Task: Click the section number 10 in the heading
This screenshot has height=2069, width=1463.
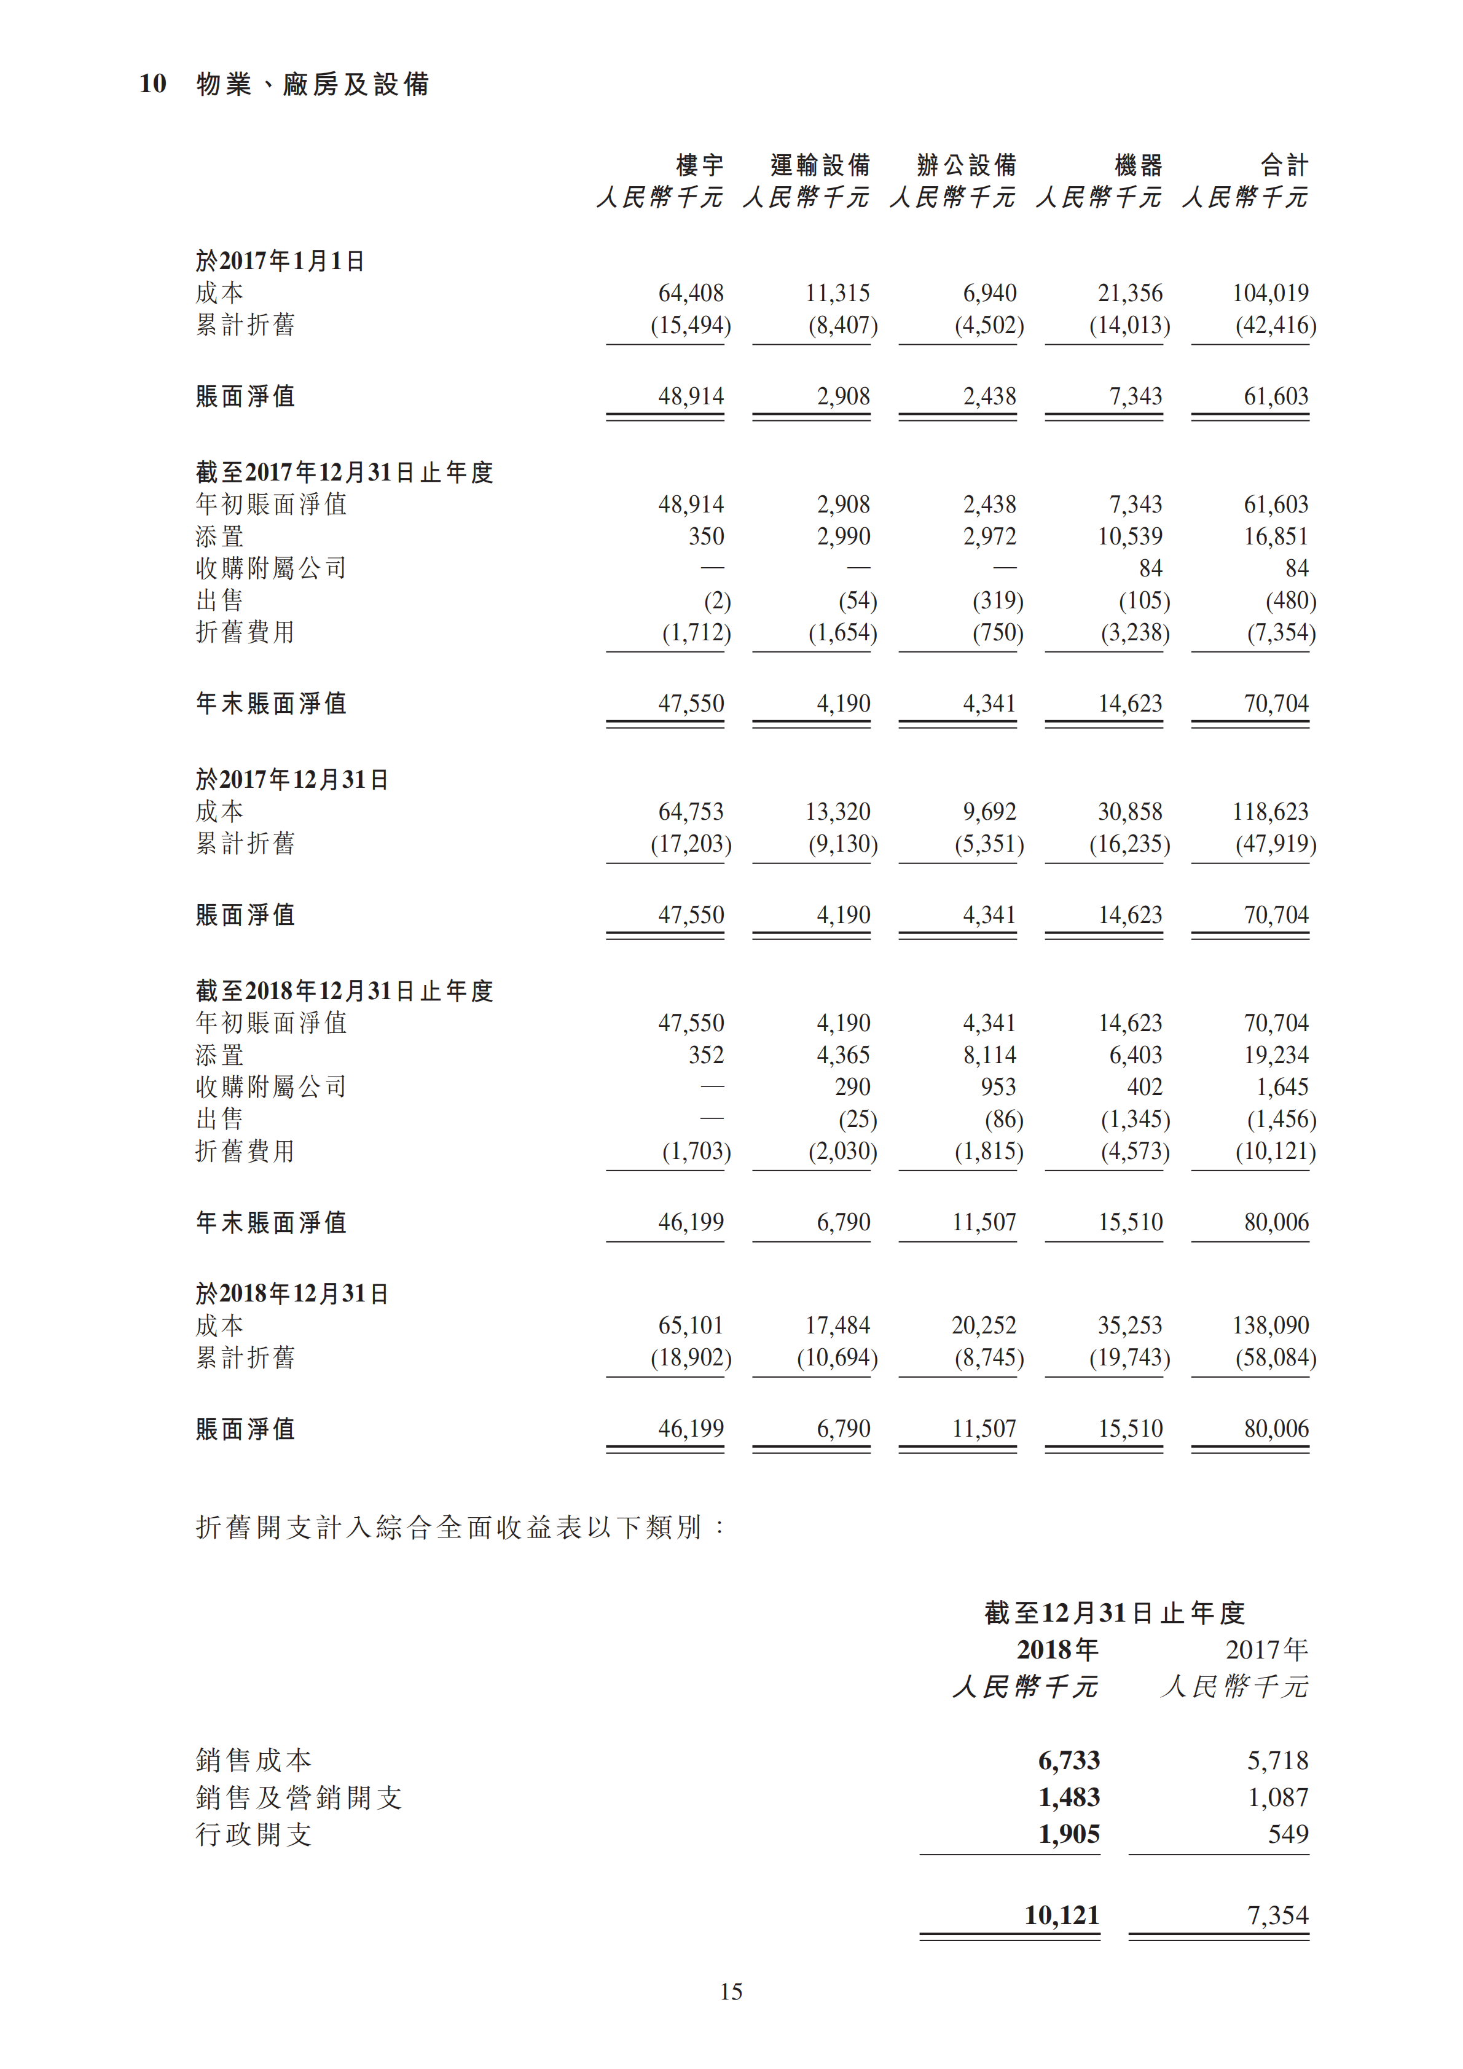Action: pos(152,84)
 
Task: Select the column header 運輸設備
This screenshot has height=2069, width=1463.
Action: pos(820,165)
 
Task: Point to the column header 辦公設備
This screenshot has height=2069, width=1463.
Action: pos(967,165)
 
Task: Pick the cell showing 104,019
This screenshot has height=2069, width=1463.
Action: pos(1270,293)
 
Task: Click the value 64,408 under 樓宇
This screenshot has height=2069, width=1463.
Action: pos(691,293)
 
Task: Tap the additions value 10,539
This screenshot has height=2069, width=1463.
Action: pos(1130,536)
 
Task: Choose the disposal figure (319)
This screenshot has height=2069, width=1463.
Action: pos(997,600)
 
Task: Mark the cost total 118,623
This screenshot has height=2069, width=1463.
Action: pos(1270,812)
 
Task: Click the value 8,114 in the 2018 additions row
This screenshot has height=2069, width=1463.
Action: pos(989,1055)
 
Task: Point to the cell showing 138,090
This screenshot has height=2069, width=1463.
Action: pos(1270,1325)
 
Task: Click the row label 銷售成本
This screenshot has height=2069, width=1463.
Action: pos(254,1760)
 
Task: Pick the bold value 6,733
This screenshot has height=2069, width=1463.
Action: pos(1069,1760)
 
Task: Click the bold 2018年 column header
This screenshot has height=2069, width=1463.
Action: pos(1057,1650)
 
